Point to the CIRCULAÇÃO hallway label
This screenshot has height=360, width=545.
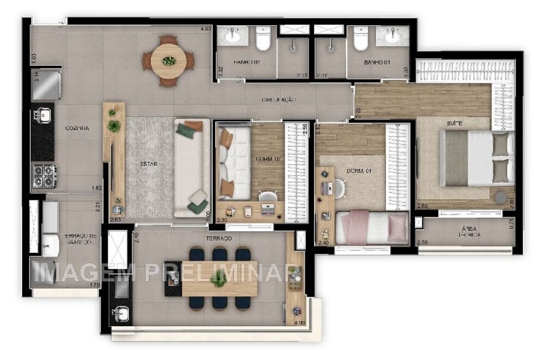278,100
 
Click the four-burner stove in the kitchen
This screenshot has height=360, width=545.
44,176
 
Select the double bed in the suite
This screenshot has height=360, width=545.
477,157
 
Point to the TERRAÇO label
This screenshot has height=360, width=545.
219,239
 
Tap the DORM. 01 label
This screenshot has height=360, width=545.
359,171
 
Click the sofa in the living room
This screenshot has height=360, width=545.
191,168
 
